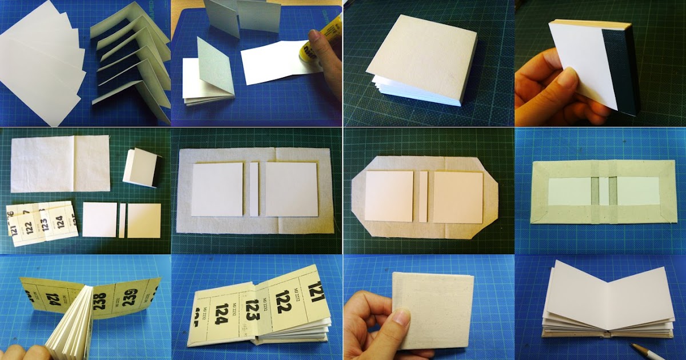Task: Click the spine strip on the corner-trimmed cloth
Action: click(x=423, y=196)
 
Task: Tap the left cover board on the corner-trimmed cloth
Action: click(x=389, y=196)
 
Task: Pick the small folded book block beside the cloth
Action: click(x=139, y=167)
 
